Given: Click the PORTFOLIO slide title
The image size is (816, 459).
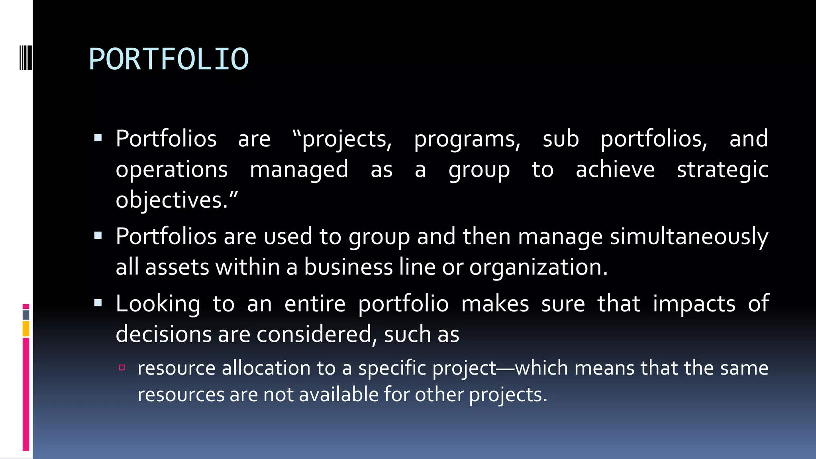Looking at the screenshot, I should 169,59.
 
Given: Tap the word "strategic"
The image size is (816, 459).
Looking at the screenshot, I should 722,170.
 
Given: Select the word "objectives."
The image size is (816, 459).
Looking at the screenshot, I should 177,200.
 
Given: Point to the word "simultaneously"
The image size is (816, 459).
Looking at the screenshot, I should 689,237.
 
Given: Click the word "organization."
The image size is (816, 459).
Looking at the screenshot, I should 538,267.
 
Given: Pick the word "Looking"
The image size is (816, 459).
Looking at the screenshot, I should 158,304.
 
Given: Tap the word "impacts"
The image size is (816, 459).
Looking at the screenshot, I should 694,304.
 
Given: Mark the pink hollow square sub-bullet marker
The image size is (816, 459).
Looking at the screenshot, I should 122,367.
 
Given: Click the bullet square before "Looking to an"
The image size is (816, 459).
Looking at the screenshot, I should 98,303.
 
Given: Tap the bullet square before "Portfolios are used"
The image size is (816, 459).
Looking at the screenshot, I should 98,236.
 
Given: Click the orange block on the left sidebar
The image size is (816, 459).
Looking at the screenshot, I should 26,329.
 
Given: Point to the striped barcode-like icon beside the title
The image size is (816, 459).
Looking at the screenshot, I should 25,58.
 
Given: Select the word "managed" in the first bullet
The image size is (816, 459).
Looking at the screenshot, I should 299,170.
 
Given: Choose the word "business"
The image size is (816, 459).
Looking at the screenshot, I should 348,267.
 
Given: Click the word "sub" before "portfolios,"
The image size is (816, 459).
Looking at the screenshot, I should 560,139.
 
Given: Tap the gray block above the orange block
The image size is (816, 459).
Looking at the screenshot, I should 26,315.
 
